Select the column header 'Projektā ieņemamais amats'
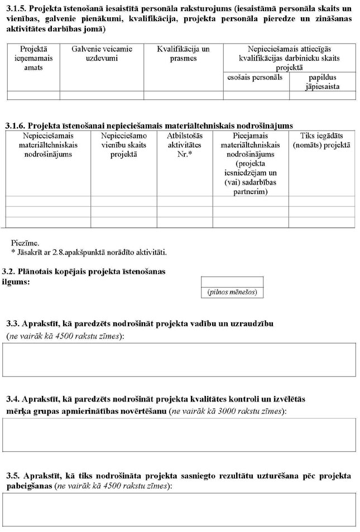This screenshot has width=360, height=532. pos(33,58)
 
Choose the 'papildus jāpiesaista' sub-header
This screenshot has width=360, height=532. pos(322,82)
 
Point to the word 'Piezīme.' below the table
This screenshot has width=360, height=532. pos(25,243)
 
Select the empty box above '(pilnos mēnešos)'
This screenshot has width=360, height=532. pos(232,282)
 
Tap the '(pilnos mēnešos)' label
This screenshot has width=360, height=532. pos(232,292)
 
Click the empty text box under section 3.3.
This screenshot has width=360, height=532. pos(179,360)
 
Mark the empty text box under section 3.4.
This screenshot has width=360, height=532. pos(179,434)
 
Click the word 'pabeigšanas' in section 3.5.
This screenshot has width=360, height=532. pos(27,486)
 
